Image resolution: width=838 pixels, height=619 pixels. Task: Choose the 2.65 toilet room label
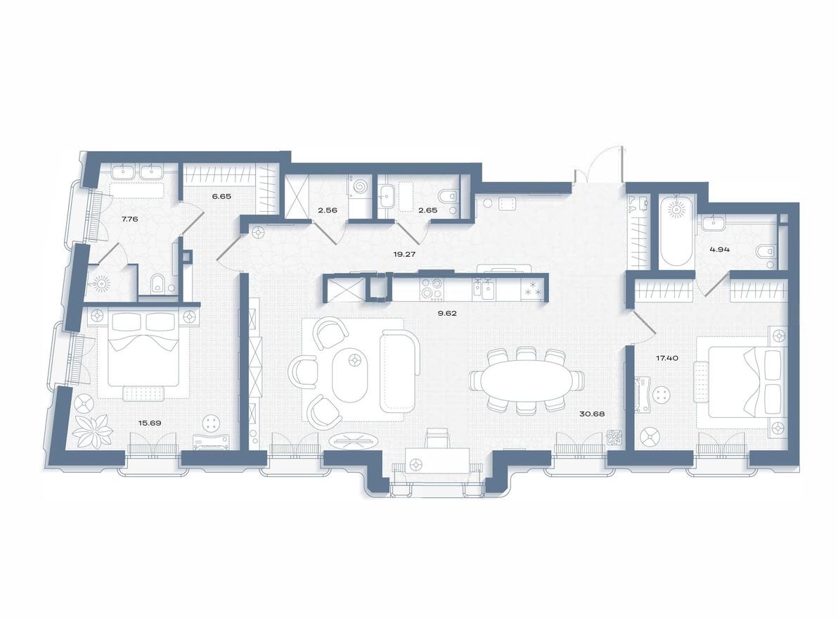point(428,210)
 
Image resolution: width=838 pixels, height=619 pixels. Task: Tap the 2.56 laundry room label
point(327,210)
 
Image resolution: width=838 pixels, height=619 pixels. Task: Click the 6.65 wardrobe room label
point(221,196)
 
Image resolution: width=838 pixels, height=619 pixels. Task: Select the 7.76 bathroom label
point(129,219)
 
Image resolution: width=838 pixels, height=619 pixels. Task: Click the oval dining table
point(526,381)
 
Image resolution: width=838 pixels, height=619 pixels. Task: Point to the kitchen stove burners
point(430,289)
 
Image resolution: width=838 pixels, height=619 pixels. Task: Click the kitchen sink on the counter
point(485,288)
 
